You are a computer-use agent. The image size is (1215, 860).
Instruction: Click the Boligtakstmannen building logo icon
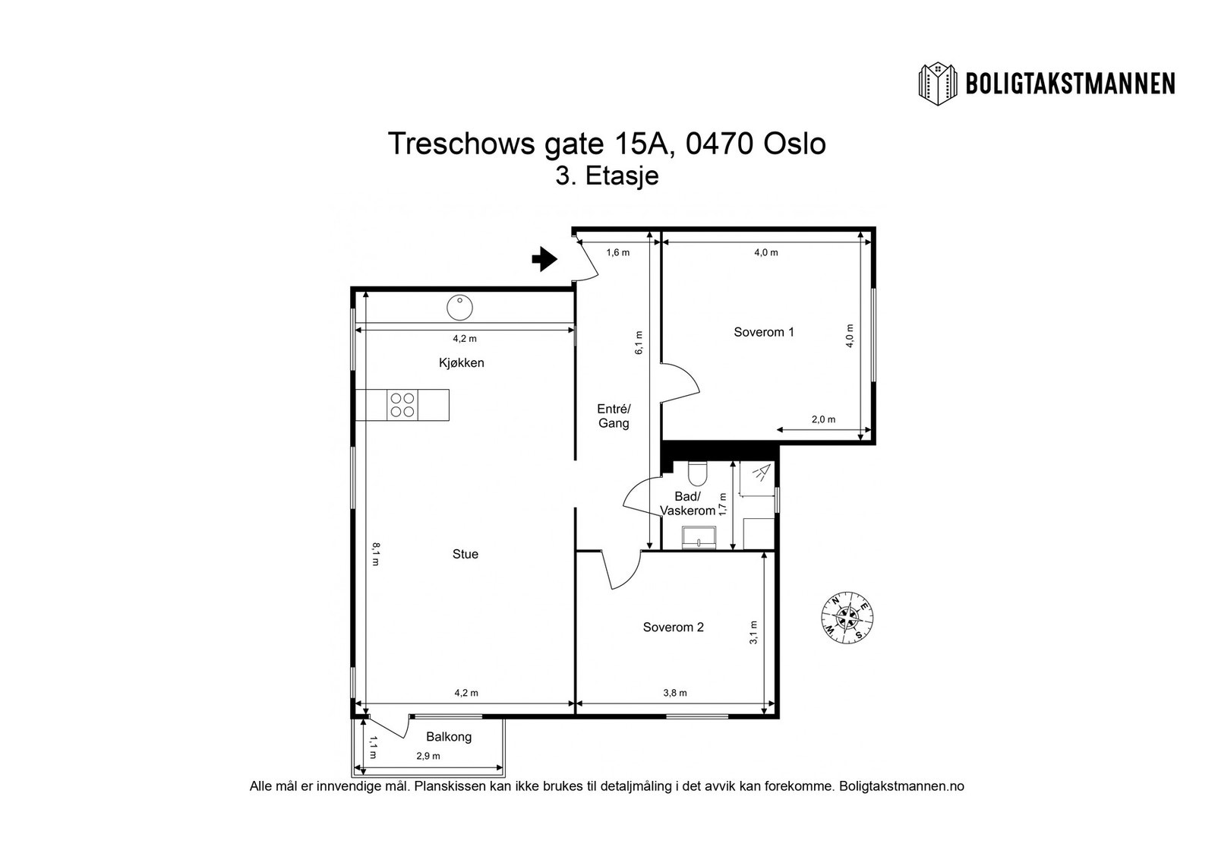pyautogui.click(x=939, y=84)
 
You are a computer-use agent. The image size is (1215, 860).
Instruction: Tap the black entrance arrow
pyautogui.click(x=544, y=259)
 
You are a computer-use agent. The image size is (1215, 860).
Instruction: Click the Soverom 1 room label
pyautogui.click(x=764, y=332)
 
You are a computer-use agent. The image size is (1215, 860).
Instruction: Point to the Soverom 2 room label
pyautogui.click(x=673, y=628)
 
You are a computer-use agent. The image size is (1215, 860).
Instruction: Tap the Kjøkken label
pyautogui.click(x=461, y=363)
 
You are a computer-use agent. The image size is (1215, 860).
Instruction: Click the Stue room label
pyautogui.click(x=465, y=555)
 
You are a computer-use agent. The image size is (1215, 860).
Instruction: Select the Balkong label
pyautogui.click(x=449, y=737)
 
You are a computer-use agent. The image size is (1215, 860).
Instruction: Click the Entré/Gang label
pyautogui.click(x=614, y=416)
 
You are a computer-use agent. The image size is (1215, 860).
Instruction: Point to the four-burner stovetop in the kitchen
pyautogui.click(x=402, y=405)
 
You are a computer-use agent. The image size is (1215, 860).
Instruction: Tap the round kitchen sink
pyautogui.click(x=459, y=308)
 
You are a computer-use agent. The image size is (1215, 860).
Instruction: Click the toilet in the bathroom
pyautogui.click(x=696, y=474)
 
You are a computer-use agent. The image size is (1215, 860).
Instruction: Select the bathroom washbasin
pyautogui.click(x=697, y=536)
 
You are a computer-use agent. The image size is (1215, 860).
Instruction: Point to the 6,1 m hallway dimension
pyautogui.click(x=639, y=343)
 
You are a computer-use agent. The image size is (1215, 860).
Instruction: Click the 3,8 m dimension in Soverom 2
pyautogui.click(x=674, y=693)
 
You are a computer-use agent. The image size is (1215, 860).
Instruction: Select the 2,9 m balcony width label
pyautogui.click(x=428, y=757)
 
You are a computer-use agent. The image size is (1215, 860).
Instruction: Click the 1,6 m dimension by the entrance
pyautogui.click(x=617, y=253)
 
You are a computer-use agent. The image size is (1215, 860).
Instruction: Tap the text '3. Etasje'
pyautogui.click(x=607, y=176)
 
